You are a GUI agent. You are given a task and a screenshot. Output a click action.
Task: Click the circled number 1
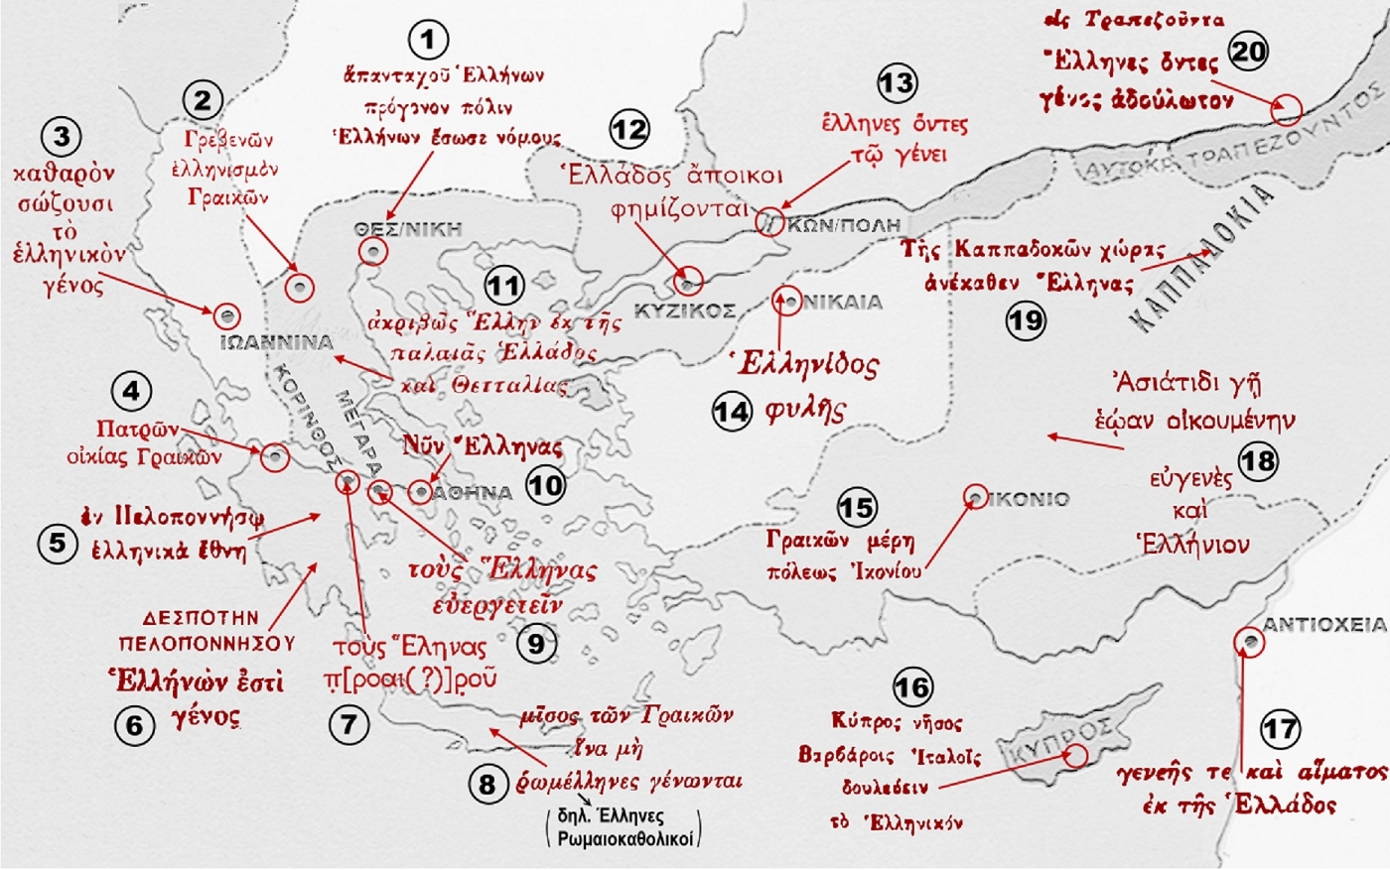[x=428, y=41]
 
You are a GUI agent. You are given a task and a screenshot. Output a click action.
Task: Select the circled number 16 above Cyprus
[x=911, y=686]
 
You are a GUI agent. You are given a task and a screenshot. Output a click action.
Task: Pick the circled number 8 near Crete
[x=486, y=785]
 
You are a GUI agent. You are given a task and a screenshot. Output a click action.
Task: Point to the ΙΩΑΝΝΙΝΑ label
[x=276, y=343]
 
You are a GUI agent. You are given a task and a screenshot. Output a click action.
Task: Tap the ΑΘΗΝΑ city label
[x=474, y=492]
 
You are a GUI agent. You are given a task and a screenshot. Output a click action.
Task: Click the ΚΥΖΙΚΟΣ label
[x=685, y=311]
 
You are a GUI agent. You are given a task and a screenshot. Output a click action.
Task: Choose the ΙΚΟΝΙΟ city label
[x=1030, y=499]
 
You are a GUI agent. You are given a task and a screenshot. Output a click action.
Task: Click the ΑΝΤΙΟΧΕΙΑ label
[x=1323, y=625]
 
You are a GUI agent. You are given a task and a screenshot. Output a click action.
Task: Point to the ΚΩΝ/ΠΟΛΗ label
[x=843, y=225]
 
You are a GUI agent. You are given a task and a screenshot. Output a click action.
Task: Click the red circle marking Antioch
[x=1249, y=643]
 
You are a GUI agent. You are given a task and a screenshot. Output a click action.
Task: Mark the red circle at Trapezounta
[x=1286, y=109]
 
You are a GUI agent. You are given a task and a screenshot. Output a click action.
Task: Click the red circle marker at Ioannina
[x=227, y=315]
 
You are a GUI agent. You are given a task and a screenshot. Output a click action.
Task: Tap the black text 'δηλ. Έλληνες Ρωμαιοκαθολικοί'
[x=624, y=827]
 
